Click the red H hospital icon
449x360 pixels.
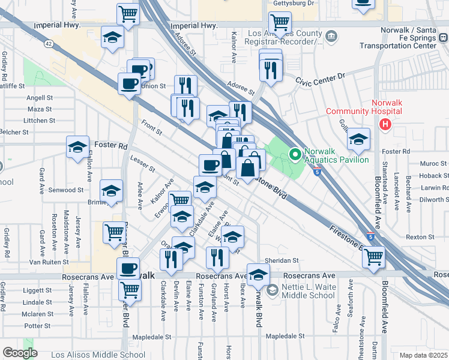pos(385,124)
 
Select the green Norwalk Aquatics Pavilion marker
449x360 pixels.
pos(295,155)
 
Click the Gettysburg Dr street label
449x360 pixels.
pos(294,3)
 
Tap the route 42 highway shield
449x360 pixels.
pos(48,44)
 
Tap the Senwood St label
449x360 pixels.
pos(67,190)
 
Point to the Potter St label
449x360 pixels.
pos(38,326)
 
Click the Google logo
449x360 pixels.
pos(20,353)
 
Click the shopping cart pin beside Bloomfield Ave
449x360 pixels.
pos(374,257)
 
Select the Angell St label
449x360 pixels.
pos(40,97)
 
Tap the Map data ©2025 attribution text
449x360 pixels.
pos(424,355)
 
